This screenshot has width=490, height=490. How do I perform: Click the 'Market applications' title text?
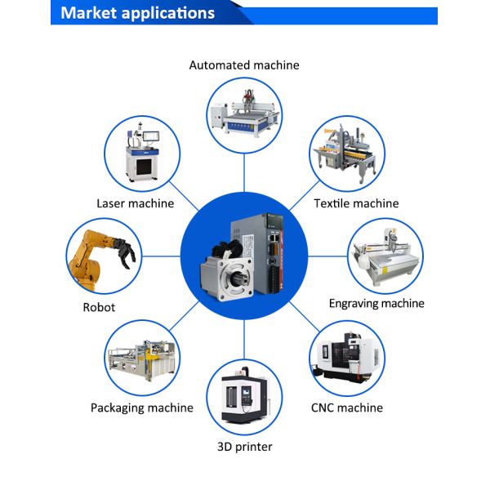[137, 13]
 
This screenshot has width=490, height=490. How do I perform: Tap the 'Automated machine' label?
[244, 65]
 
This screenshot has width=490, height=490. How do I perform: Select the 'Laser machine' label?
[135, 203]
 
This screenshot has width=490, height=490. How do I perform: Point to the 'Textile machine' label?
[356, 203]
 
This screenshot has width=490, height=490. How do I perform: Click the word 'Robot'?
[99, 308]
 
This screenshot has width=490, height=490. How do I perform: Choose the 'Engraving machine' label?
[376, 304]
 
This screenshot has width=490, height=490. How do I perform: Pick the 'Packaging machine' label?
[142, 408]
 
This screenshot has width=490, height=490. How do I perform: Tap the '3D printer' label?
[245, 447]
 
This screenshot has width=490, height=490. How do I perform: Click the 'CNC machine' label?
[347, 408]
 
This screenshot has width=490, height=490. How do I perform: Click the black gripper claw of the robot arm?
[125, 252]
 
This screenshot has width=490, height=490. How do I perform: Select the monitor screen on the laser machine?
[151, 136]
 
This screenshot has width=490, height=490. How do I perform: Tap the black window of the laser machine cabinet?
[144, 167]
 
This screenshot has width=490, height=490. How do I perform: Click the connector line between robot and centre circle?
[161, 256]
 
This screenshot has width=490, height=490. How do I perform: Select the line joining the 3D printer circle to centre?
[244, 340]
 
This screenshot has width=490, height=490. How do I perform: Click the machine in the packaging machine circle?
[142, 360]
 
